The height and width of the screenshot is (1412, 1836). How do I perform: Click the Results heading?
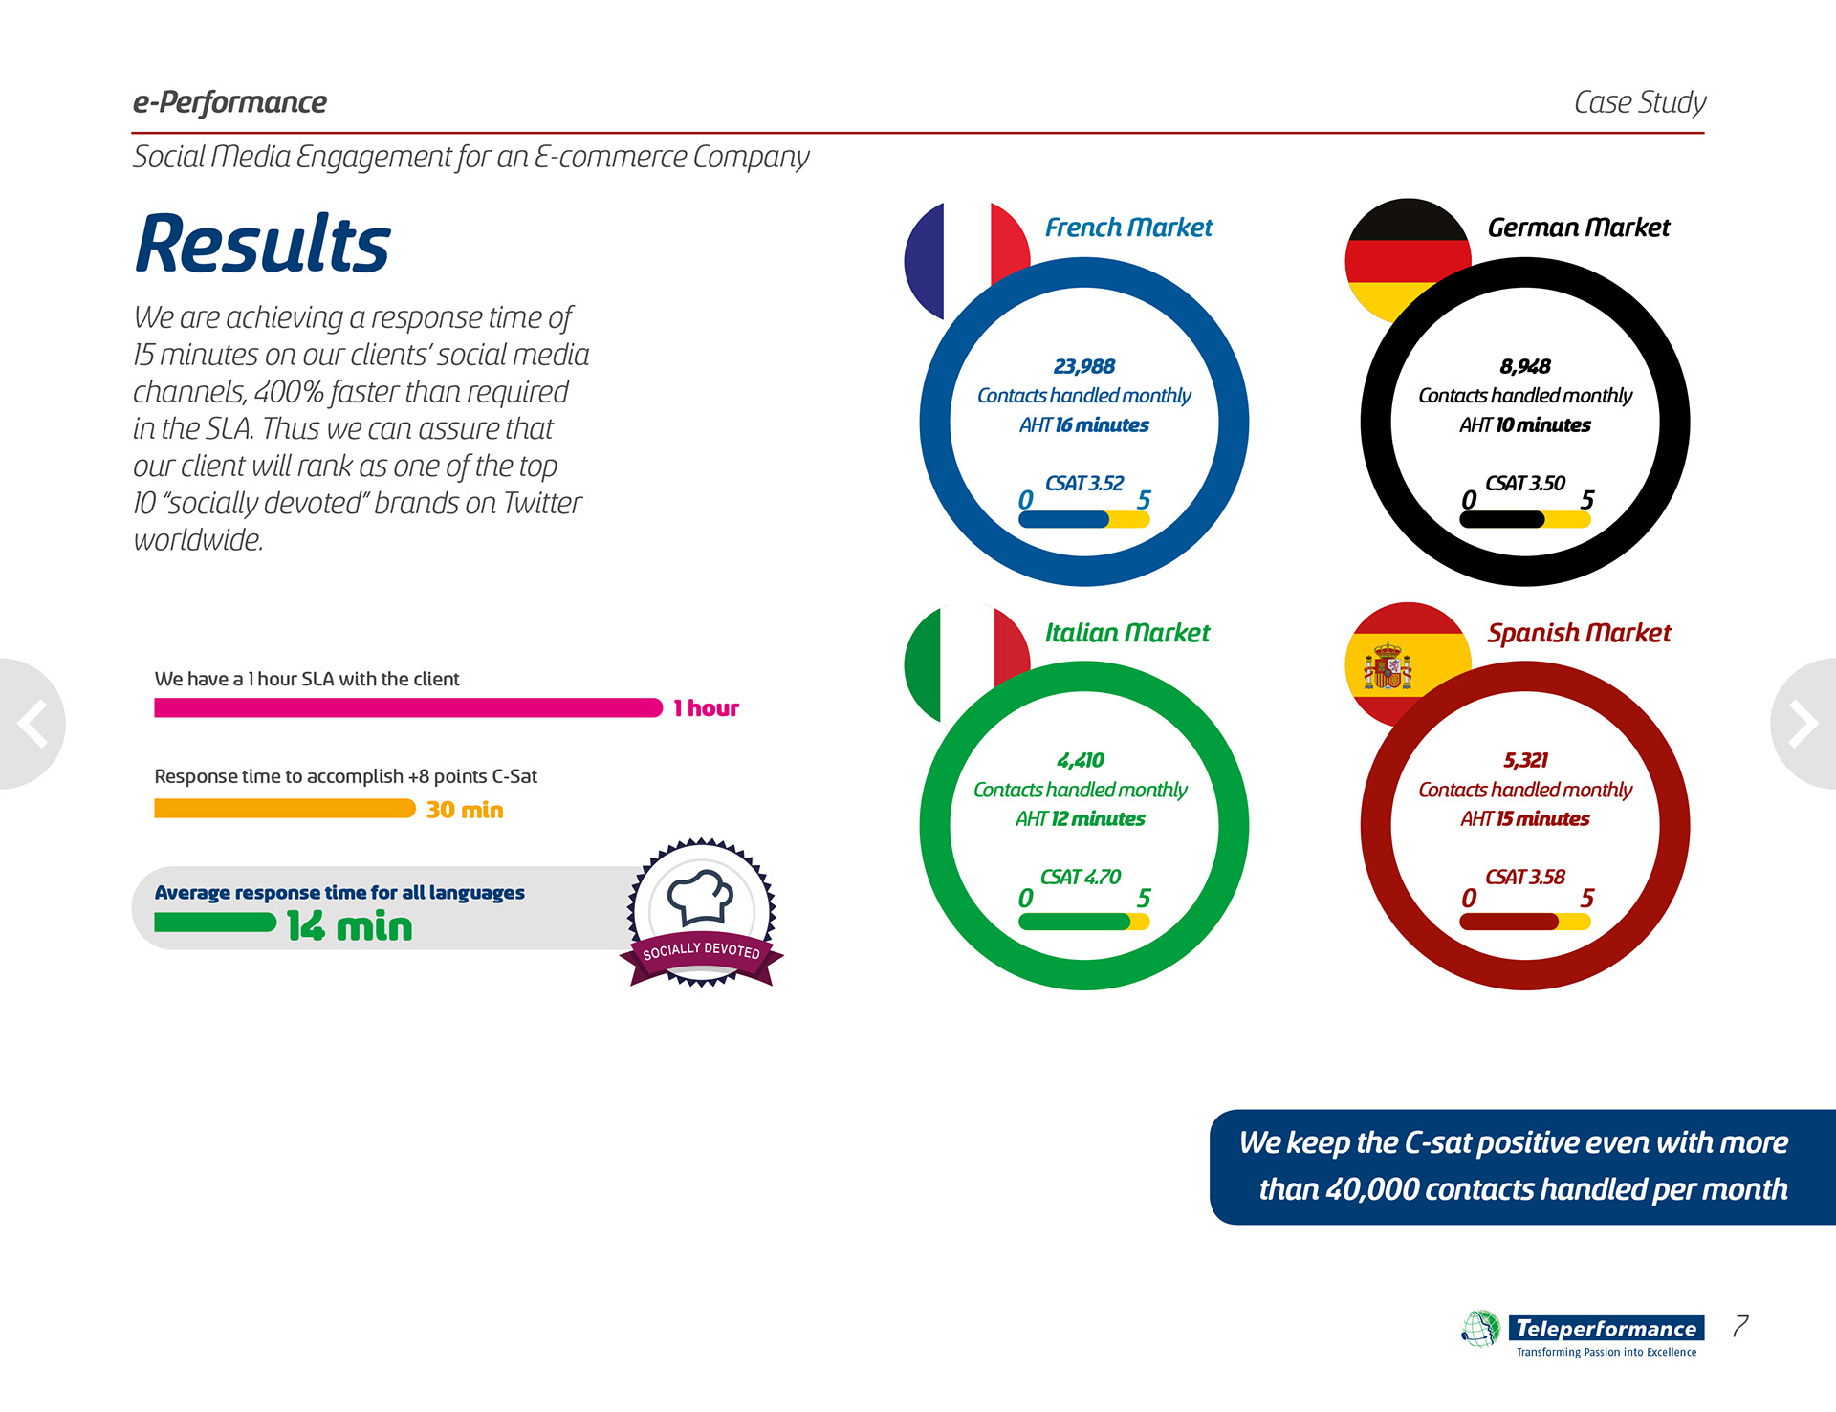point(262,244)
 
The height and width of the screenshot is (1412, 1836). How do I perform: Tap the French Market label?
point(1127,228)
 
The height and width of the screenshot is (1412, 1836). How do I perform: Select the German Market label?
point(1578,228)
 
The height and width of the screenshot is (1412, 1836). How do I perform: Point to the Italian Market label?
point(1126,633)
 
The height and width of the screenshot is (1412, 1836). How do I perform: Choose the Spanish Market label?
point(1578,633)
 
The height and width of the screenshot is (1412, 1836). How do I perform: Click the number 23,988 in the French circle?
point(1083,366)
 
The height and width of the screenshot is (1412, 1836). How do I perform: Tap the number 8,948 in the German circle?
point(1524,366)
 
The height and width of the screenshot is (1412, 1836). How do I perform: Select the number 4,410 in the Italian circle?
point(1080,760)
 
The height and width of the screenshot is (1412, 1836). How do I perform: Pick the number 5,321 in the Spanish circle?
point(1524,760)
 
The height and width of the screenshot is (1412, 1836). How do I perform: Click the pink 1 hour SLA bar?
point(407,708)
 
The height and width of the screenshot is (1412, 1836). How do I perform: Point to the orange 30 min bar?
point(284,810)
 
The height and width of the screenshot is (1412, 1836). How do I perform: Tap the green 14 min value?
point(349,926)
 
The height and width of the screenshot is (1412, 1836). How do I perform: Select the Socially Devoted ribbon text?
point(701,951)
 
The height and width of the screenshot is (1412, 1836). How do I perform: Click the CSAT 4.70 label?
point(1080,877)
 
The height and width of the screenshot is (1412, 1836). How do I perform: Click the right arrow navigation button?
point(1803,723)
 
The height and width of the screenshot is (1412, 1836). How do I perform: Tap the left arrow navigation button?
point(33,723)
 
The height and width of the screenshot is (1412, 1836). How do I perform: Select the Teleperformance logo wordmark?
point(1606,1328)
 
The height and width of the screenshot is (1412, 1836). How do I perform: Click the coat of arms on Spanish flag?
point(1388,666)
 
